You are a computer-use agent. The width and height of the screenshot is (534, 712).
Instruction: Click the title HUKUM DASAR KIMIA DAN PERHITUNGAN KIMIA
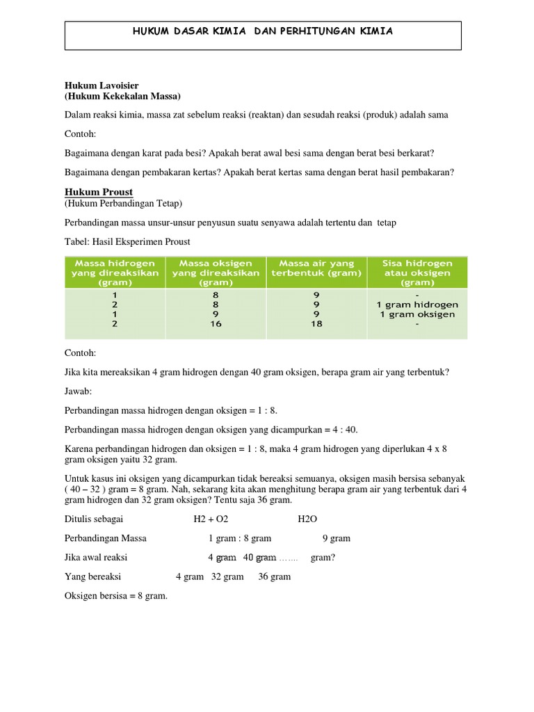(263, 31)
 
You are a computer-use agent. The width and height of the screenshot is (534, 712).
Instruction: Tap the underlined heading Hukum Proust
(99, 192)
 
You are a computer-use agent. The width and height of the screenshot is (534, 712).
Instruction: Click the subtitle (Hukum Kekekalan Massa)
(122, 96)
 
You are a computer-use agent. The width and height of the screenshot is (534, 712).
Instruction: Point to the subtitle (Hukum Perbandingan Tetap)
(124, 203)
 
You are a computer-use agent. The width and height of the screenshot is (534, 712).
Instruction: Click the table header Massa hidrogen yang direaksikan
(115, 273)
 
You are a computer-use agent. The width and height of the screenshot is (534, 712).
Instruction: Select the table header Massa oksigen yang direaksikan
(216, 273)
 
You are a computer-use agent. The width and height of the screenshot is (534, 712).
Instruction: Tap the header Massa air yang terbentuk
(316, 268)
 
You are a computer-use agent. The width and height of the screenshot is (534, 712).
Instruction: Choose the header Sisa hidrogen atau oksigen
(417, 273)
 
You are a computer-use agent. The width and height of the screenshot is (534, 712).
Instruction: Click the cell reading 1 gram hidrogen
(417, 305)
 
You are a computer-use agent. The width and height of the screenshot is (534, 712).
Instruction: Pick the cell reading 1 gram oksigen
(417, 314)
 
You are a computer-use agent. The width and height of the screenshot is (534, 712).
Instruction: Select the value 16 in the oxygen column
(216, 324)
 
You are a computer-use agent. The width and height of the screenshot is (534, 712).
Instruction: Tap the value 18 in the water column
(316, 324)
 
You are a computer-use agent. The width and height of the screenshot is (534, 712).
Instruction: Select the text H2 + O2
(211, 519)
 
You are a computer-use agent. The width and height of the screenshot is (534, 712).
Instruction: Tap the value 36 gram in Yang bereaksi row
(275, 576)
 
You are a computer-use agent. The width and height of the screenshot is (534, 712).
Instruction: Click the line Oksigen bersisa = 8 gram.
(116, 596)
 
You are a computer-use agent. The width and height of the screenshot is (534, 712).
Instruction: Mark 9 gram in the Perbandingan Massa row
(337, 538)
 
